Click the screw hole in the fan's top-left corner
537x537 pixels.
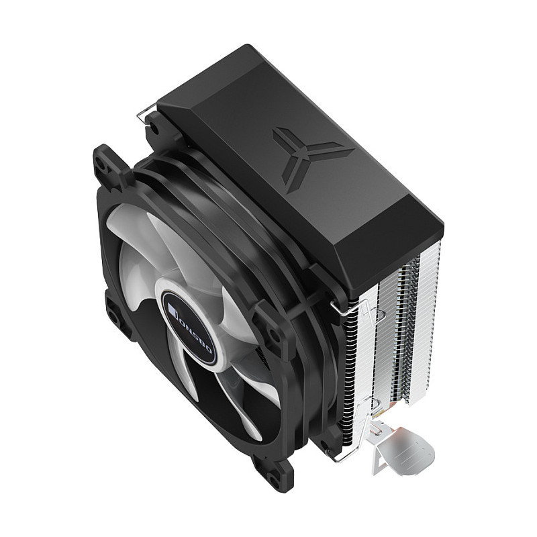(x=101, y=162)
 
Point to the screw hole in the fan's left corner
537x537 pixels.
(x=115, y=317)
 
